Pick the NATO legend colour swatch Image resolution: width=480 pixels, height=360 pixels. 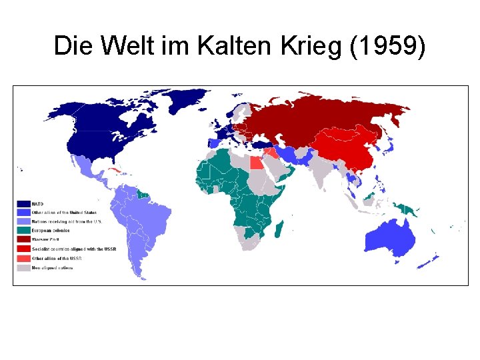24,203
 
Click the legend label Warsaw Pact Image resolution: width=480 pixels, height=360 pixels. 46,239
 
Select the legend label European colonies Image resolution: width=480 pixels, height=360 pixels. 51,230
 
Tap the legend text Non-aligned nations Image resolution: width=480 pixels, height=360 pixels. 53,267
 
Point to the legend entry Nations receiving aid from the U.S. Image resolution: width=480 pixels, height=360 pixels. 66,221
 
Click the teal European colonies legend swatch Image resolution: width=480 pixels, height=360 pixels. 24,230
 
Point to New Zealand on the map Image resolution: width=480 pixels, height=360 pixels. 431,259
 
